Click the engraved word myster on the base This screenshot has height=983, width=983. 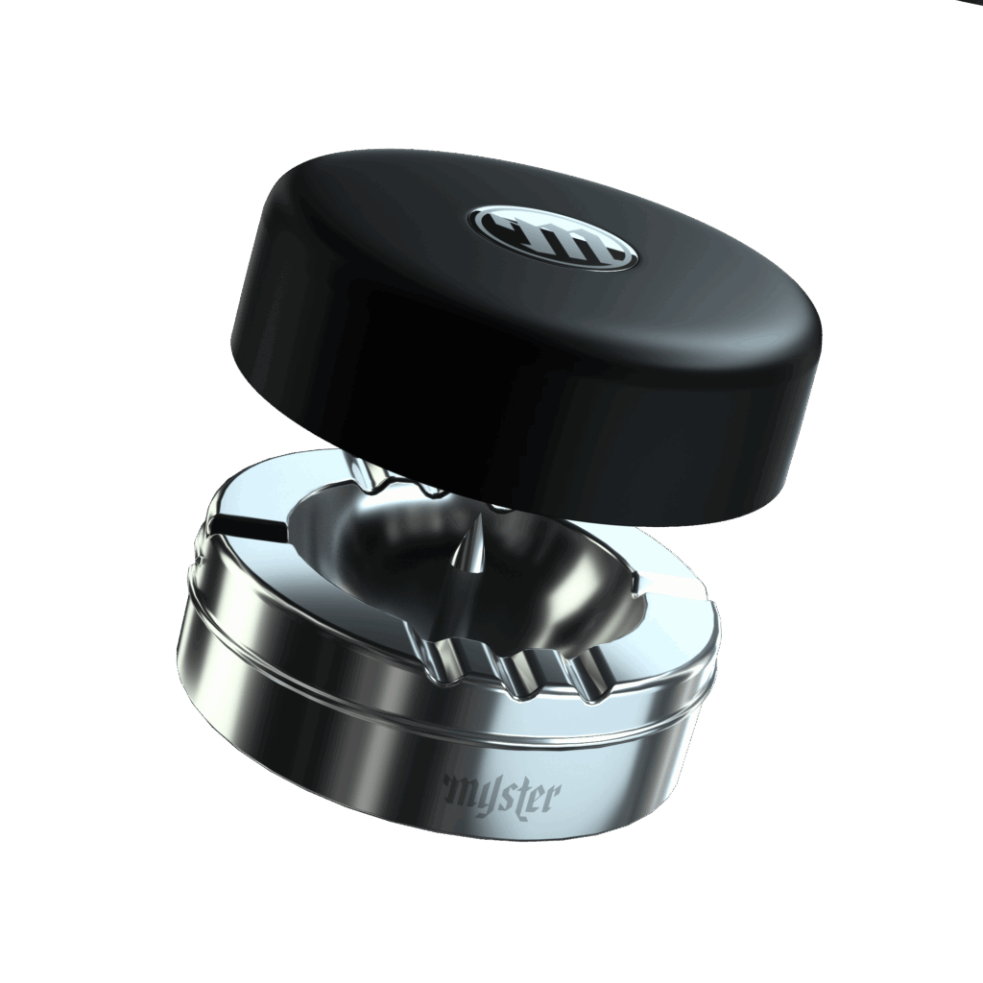(x=499, y=793)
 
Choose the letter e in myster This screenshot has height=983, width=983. (x=536, y=795)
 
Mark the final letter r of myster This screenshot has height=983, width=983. (x=550, y=794)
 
